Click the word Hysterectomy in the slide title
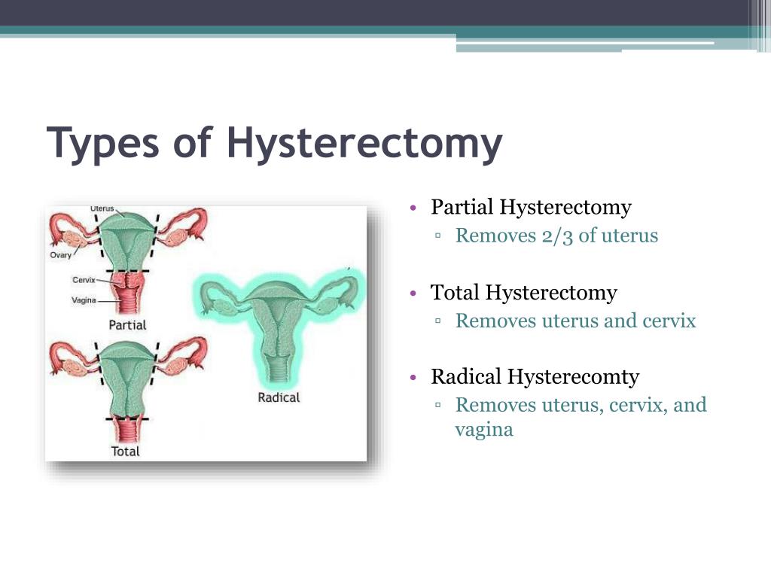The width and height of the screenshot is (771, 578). tap(364, 143)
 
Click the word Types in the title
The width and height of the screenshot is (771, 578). tap(102, 143)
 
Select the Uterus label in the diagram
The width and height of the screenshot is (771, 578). tap(102, 208)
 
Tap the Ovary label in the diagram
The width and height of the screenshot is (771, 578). tap(60, 254)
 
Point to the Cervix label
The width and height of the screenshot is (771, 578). tap(84, 280)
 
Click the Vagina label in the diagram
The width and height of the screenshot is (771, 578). tap(84, 300)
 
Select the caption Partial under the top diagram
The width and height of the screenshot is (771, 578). tap(127, 325)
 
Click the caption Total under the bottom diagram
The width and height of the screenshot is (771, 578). tap(126, 452)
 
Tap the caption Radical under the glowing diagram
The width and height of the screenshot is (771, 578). tap(279, 397)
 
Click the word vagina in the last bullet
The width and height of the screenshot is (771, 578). tap(484, 430)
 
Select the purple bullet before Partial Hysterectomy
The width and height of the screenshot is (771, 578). tap(413, 208)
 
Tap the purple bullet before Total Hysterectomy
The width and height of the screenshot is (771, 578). tap(413, 294)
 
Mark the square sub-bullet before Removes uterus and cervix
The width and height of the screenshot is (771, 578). tap(437, 321)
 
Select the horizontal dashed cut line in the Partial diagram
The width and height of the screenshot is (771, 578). tap(127, 271)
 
